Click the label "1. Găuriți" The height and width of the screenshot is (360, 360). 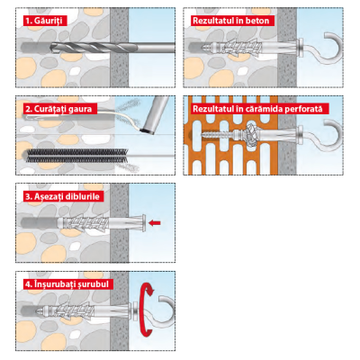[x=44, y=21]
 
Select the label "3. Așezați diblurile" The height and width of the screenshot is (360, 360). [x=62, y=196]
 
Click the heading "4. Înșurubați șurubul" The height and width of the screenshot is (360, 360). [x=67, y=284]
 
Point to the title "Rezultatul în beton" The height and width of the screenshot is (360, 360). [x=231, y=21]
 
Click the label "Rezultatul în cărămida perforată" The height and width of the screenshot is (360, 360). [x=257, y=109]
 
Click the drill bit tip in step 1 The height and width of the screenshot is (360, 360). [x=51, y=48]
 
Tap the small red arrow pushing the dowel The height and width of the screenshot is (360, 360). [x=155, y=222]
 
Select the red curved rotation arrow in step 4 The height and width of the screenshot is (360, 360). [x=147, y=309]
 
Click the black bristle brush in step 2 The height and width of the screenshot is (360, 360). [x=77, y=156]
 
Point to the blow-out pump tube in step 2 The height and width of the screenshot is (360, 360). [x=157, y=115]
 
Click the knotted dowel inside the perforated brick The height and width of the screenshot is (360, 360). [x=251, y=134]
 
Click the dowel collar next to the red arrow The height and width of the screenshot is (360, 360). [x=144, y=222]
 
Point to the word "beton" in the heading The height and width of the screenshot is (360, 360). [x=257, y=21]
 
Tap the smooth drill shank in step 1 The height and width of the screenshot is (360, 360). [x=152, y=48]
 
